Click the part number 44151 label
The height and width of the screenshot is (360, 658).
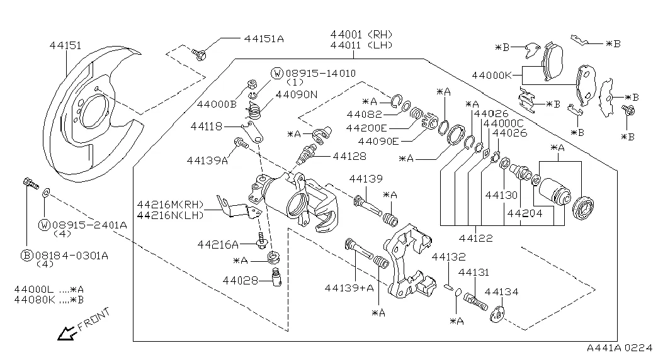(x=65, y=45)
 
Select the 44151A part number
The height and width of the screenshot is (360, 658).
(x=264, y=39)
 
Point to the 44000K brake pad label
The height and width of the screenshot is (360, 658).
(x=492, y=75)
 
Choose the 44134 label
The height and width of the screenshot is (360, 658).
(x=501, y=291)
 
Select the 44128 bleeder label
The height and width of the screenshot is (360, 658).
(x=350, y=155)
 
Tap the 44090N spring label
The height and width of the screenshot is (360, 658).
(x=296, y=94)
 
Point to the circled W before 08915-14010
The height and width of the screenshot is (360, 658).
(x=277, y=74)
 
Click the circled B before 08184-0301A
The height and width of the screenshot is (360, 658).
(x=26, y=256)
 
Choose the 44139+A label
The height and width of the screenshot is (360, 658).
(x=349, y=288)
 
